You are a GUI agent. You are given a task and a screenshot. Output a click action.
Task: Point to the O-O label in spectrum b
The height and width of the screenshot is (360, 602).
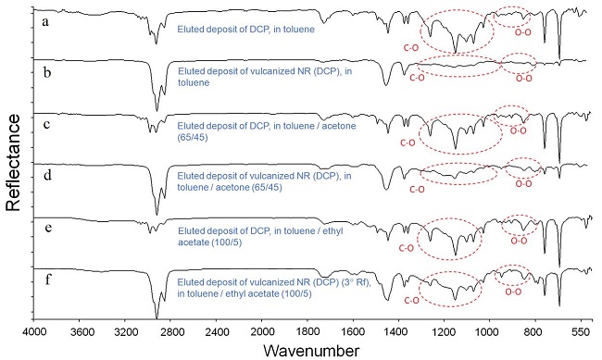[523, 80]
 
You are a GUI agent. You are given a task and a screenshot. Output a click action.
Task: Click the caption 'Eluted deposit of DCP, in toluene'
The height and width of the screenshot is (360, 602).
[244, 30]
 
